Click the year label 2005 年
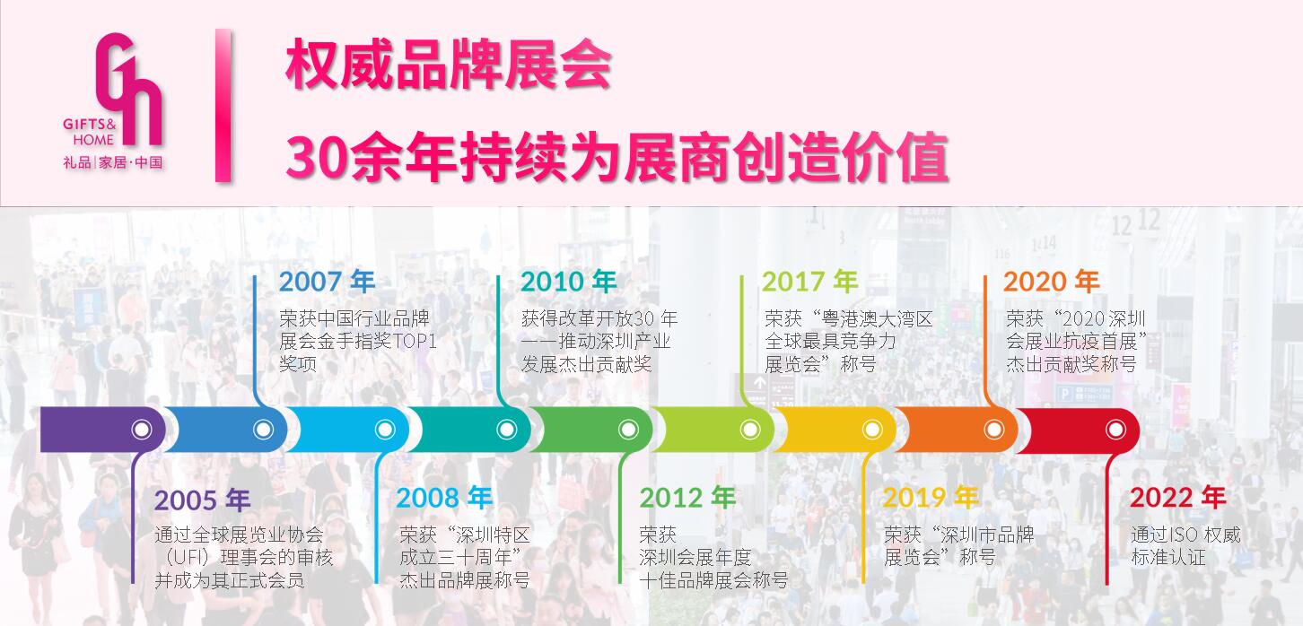coord(203,500)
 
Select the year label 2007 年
coord(327,282)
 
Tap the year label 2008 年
coord(444,498)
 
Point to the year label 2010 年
coord(568,282)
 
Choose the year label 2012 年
coord(687,498)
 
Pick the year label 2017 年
coord(809,282)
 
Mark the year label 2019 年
coord(931,498)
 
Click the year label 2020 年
coord(1051,282)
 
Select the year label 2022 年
coord(1178,498)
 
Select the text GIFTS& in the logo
coord(90,124)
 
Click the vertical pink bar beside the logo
coord(223,105)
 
